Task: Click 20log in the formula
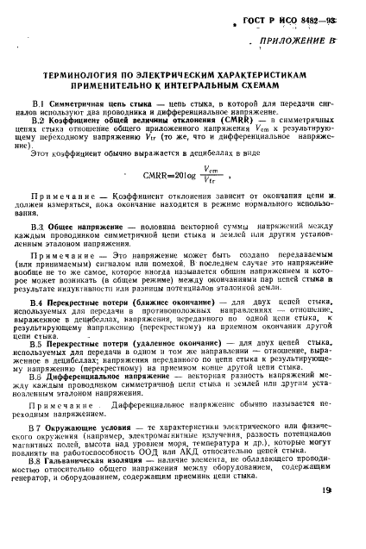point(182,177)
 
